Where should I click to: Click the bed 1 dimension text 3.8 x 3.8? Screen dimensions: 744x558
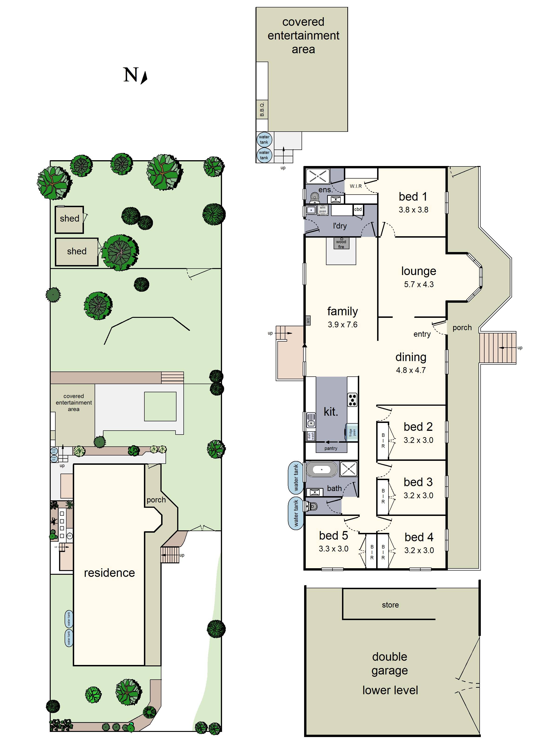point(413,210)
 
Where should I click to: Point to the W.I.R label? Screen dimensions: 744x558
point(355,186)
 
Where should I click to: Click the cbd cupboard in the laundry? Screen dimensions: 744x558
point(358,209)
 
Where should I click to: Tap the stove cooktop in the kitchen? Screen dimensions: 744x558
point(352,400)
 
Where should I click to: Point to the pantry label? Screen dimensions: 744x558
point(331,448)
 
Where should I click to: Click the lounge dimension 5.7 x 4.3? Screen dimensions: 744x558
point(419,285)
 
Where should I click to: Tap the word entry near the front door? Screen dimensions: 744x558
point(422,334)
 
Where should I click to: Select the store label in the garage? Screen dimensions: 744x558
point(390,605)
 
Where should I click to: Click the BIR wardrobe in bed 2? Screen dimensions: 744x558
point(383,441)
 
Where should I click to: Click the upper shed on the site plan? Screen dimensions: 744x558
point(69,219)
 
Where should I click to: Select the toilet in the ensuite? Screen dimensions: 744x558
point(314,198)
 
